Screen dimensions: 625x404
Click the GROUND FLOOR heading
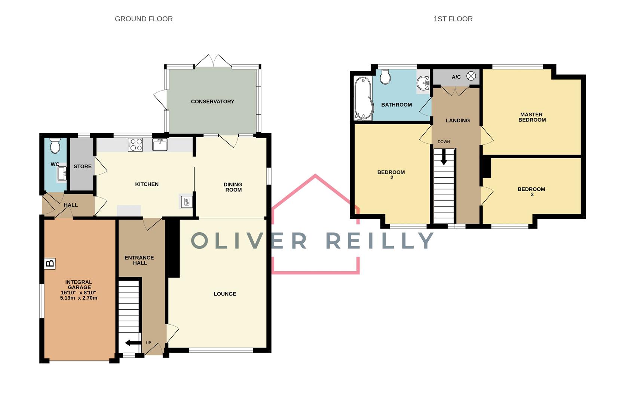144,19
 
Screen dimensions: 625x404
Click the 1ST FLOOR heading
453,19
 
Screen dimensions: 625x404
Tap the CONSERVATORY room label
212,101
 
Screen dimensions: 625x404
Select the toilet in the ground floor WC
55,146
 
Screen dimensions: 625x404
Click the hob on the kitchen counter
135,145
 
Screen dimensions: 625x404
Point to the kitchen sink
160,144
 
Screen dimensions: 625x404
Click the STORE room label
83,166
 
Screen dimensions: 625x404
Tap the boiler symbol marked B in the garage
50,263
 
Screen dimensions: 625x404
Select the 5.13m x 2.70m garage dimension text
79,298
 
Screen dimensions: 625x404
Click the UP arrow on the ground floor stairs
133,343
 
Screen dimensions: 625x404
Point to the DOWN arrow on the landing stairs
444,157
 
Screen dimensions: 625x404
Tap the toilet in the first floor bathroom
385,76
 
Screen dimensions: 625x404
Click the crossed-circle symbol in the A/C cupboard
471,76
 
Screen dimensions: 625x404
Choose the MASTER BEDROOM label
531,117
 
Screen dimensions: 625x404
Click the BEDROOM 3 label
531,192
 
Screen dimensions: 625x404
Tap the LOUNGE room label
225,294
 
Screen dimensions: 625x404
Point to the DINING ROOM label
233,187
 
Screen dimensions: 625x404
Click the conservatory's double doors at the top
213,61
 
